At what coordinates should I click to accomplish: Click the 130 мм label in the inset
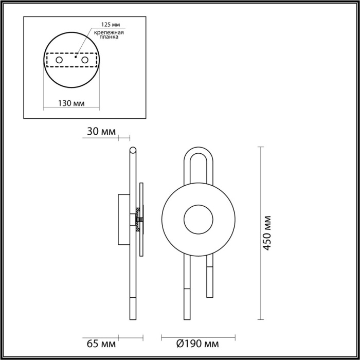click(x=71, y=103)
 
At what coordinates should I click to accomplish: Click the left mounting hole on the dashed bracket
click(x=59, y=61)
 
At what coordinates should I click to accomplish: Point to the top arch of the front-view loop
click(x=199, y=151)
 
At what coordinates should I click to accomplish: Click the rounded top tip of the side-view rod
click(x=133, y=150)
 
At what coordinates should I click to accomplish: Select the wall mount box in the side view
click(x=123, y=219)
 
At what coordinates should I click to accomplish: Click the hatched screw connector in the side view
click(x=138, y=218)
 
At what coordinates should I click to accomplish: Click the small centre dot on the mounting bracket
click(x=75, y=58)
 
